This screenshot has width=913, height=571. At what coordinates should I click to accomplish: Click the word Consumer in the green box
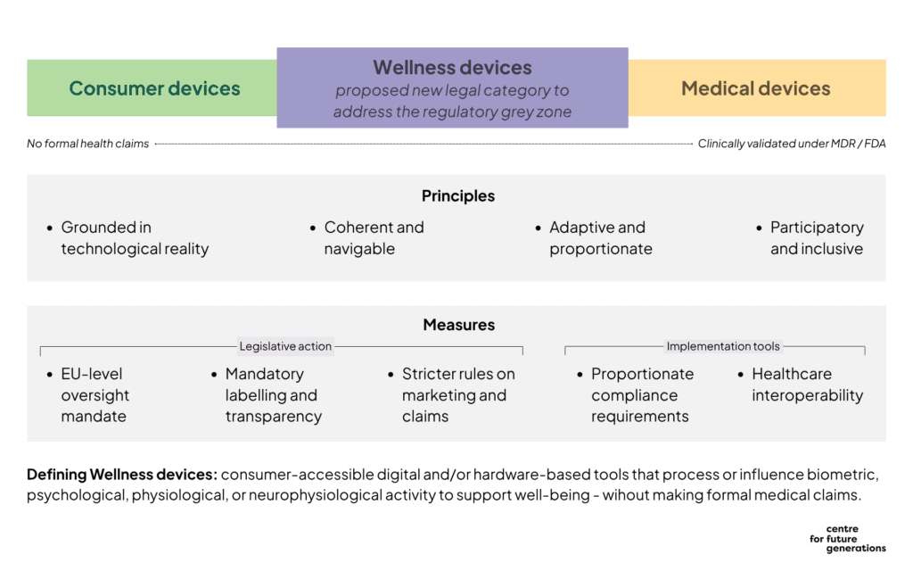(x=111, y=88)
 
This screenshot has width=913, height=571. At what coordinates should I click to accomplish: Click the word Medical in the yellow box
(x=713, y=88)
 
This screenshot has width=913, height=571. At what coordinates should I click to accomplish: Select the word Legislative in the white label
(x=268, y=346)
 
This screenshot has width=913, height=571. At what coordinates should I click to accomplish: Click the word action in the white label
(x=317, y=346)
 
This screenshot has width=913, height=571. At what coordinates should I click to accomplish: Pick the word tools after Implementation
(x=765, y=346)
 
